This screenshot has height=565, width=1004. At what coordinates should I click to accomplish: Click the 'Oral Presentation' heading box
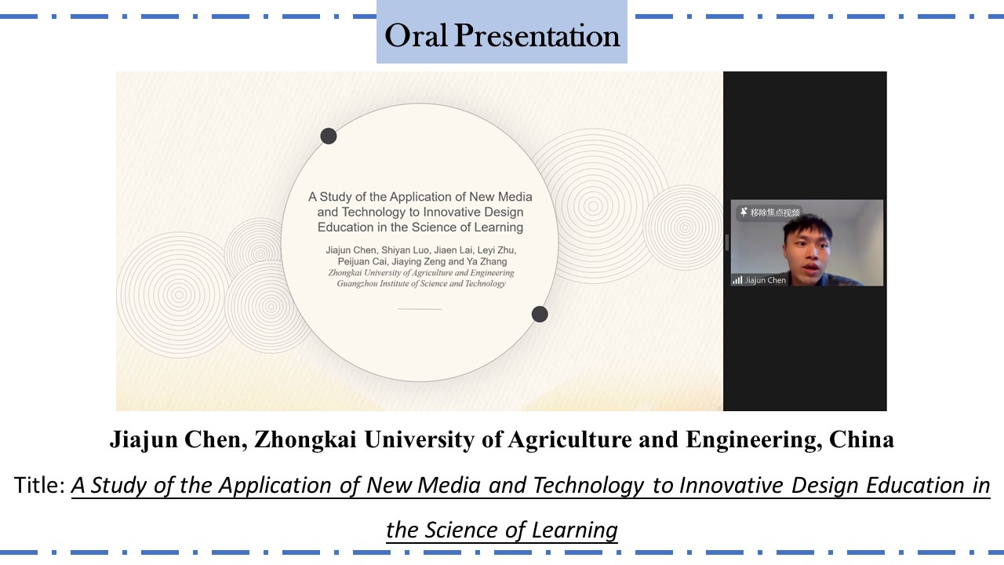coord(501,32)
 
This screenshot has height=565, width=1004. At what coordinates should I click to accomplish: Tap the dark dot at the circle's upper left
coord(329,136)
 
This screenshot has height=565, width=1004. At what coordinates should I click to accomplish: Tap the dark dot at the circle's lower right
coord(540,314)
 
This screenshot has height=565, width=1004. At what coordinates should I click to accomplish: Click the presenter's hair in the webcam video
coord(808,227)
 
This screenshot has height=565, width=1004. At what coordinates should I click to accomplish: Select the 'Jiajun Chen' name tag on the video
coord(765,280)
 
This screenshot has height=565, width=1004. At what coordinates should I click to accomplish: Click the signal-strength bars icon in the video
coord(737,280)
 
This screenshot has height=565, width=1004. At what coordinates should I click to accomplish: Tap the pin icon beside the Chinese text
coord(744,212)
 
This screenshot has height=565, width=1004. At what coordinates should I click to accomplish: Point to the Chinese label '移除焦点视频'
coord(775,212)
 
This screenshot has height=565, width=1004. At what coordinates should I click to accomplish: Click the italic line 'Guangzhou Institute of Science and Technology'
coord(421,283)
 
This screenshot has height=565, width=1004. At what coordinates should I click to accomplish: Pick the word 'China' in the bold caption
coord(861,439)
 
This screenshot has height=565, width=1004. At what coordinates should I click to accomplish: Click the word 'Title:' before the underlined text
coord(39,485)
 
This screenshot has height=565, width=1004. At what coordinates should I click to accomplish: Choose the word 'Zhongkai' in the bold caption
coord(305,439)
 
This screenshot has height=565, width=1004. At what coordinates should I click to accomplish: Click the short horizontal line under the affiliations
coord(420,309)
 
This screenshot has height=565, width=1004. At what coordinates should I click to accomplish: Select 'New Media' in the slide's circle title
coord(500,197)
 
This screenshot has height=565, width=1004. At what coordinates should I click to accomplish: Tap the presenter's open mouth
coord(811,268)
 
